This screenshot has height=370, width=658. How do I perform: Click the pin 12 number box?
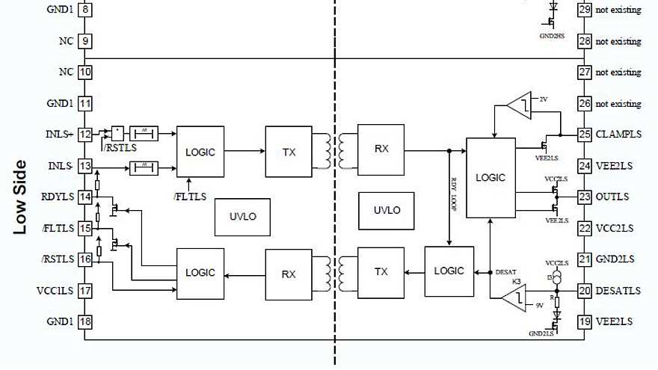(x=85, y=135)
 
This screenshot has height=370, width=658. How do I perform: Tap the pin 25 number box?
(x=585, y=135)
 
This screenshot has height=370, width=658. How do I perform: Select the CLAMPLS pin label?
(x=619, y=135)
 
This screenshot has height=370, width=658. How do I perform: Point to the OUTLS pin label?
(x=612, y=197)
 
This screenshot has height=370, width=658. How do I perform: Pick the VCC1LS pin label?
(x=54, y=291)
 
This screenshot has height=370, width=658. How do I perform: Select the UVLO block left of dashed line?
(x=242, y=216)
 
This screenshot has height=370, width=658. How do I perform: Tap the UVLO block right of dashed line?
(x=387, y=210)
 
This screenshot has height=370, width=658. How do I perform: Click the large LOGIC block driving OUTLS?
(x=491, y=178)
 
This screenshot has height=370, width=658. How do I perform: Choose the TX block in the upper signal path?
(x=289, y=152)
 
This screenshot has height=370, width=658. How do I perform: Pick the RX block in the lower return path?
(x=289, y=274)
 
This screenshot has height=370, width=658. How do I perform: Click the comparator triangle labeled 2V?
(x=519, y=105)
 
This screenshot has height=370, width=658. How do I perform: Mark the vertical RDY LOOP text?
(x=454, y=195)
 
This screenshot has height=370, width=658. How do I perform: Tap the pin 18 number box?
(x=85, y=321)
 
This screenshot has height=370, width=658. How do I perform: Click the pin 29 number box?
(x=585, y=10)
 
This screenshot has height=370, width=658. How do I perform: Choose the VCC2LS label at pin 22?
(x=615, y=228)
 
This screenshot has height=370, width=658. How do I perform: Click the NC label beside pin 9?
(x=64, y=41)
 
